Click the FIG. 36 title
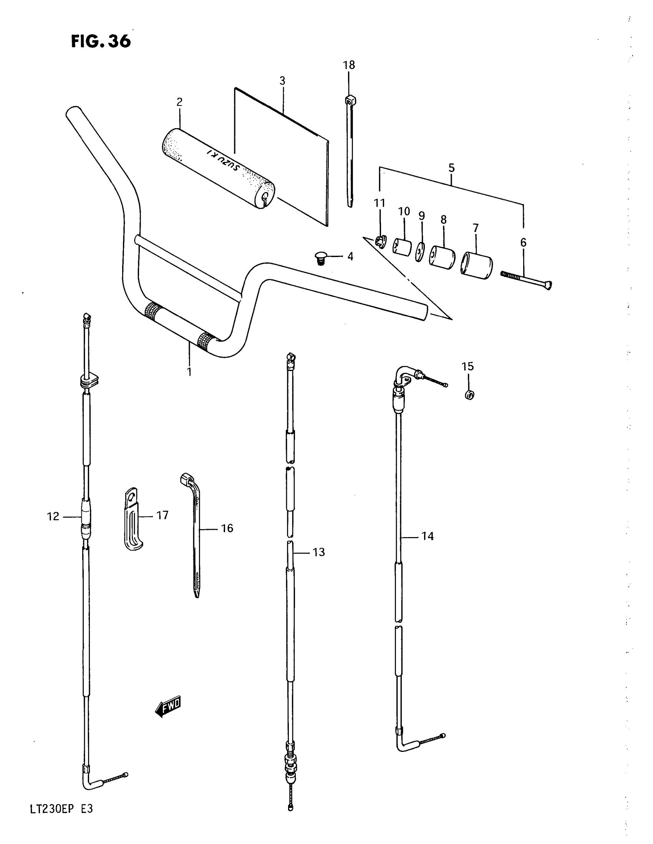[101, 41]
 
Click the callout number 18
[349, 65]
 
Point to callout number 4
[350, 257]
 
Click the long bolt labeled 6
[526, 280]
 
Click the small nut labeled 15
[469, 395]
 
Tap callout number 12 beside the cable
[53, 516]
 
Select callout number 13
[319, 552]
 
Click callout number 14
[428, 536]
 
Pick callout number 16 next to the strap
[227, 528]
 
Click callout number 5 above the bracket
[451, 168]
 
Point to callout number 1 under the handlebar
[189, 372]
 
